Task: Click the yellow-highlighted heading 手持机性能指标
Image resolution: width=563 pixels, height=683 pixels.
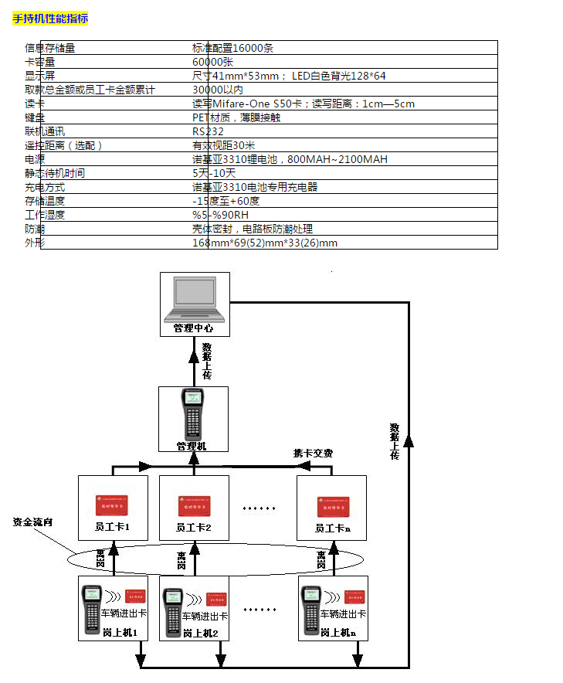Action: (x=50, y=19)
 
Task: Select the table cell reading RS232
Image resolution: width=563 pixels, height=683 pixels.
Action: (x=208, y=131)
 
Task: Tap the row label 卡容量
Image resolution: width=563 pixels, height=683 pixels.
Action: (x=40, y=62)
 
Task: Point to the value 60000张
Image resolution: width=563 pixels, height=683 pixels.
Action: (x=212, y=62)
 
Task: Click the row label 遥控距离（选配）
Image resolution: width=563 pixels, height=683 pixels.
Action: (x=63, y=145)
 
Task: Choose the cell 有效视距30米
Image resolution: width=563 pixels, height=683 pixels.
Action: (x=224, y=145)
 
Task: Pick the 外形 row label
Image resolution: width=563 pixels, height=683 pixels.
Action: (x=35, y=243)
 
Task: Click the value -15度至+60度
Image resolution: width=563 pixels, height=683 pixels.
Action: (x=226, y=201)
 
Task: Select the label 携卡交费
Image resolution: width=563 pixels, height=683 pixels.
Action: (x=313, y=453)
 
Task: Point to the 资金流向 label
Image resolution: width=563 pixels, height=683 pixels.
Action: (x=34, y=522)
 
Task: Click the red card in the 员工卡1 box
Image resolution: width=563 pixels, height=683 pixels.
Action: (x=111, y=506)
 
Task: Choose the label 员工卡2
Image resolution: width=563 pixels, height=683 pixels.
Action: (x=193, y=529)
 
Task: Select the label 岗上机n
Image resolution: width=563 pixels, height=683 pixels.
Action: (x=337, y=632)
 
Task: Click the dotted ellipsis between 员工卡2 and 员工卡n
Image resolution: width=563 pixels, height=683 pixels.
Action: (x=259, y=508)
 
